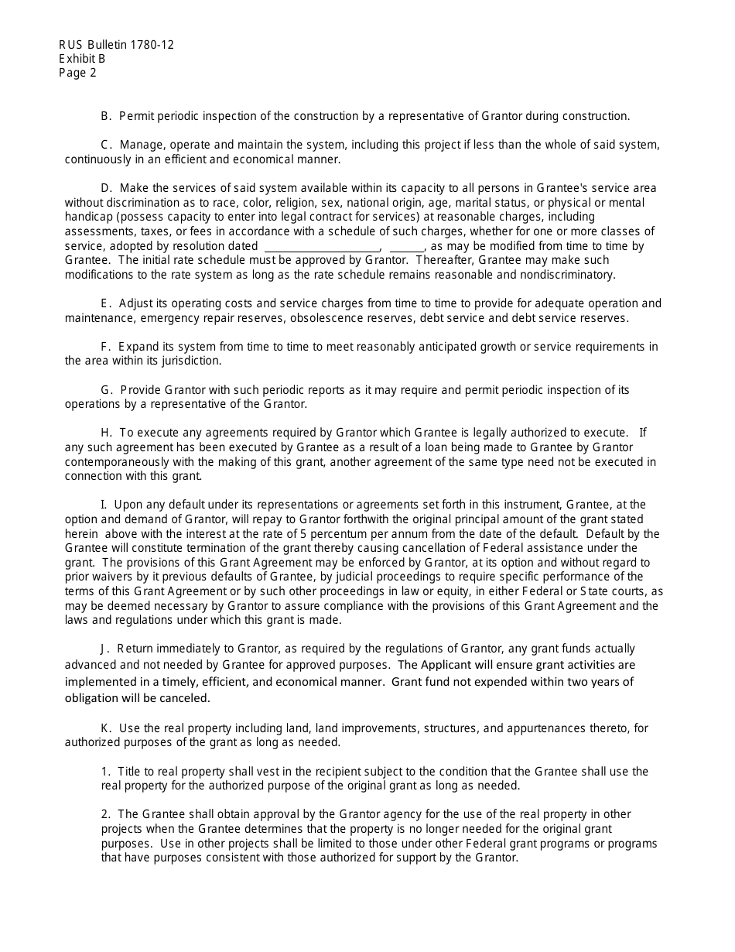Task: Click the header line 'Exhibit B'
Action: (82, 59)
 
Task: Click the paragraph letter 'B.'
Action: (107, 116)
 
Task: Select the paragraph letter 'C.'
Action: (107, 145)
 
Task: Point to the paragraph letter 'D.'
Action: (107, 188)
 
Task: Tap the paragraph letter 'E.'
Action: (106, 303)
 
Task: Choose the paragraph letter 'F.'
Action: (106, 346)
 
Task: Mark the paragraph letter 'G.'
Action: (107, 389)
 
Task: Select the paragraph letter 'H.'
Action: (107, 433)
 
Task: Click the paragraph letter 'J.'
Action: (105, 649)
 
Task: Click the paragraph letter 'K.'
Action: (107, 728)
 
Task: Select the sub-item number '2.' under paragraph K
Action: (106, 814)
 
